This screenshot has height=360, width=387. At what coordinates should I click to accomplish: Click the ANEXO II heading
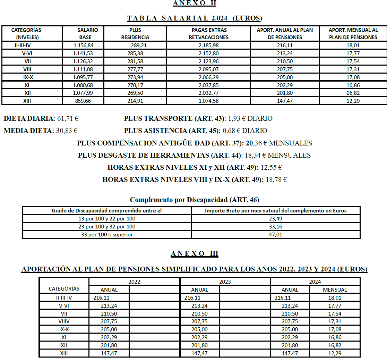(194, 3)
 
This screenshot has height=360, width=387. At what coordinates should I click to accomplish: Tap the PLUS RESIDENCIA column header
(135, 34)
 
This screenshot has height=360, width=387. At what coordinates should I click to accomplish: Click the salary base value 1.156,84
(84, 45)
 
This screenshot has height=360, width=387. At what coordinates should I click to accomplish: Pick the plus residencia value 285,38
(135, 53)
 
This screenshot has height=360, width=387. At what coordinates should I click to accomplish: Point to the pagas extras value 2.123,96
(208, 61)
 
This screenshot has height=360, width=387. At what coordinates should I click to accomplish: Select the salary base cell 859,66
(84, 101)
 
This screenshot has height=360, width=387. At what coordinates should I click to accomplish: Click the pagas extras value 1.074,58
(208, 101)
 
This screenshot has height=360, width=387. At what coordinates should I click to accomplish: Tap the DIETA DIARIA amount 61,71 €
(67, 119)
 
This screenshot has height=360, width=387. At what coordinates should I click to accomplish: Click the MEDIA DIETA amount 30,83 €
(67, 131)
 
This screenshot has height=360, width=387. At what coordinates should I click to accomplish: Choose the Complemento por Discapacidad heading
(194, 200)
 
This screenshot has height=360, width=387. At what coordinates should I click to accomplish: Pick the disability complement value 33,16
(275, 226)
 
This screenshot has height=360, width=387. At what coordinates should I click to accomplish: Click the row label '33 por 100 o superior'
(107, 234)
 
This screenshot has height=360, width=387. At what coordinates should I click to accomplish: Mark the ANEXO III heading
(194, 254)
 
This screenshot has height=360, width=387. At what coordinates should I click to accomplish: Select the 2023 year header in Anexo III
(225, 282)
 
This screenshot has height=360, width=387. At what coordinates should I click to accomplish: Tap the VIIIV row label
(64, 321)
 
